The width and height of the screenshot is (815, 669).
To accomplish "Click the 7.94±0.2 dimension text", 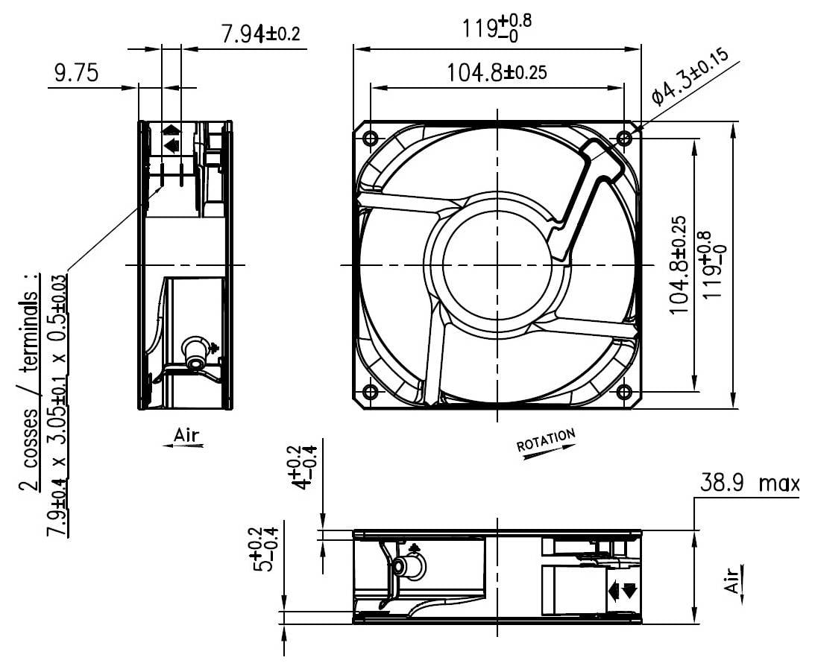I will coord(260,34).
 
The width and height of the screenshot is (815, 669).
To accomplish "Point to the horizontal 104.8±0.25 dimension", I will coord(497,72).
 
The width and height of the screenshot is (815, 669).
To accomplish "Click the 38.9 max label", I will coord(748,484).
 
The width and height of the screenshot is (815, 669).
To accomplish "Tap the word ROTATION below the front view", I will coord(546,440).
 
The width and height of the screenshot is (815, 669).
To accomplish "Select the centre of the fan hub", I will coord(497,264).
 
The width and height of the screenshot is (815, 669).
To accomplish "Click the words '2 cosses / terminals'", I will coord(31,380).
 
